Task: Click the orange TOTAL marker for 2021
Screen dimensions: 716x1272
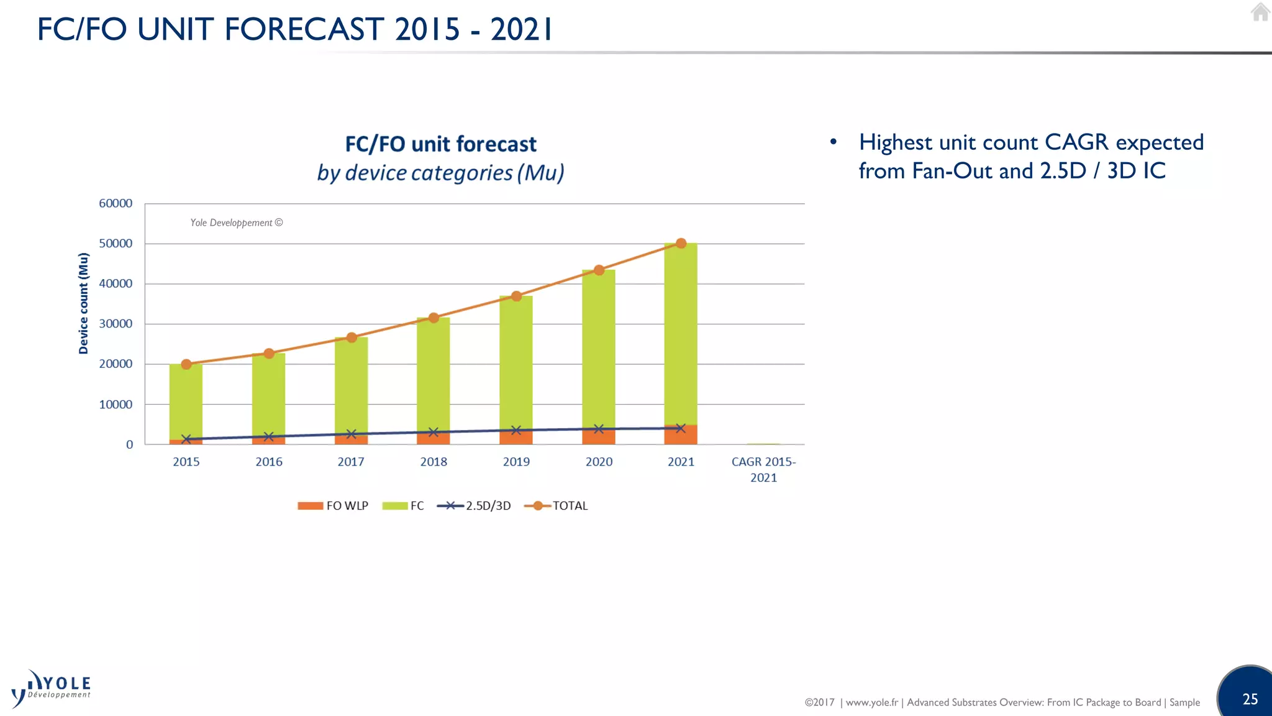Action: [x=681, y=243]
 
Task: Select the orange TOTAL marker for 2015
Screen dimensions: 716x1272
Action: [x=186, y=364]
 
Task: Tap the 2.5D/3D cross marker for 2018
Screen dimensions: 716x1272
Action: [x=434, y=432]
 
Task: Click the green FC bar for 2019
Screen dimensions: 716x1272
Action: [x=516, y=360]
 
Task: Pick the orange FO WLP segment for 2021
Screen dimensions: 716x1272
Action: [x=681, y=435]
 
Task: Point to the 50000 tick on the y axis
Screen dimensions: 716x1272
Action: [x=116, y=244]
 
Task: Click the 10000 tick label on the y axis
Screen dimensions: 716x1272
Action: [x=116, y=405]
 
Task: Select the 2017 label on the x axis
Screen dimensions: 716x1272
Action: [x=351, y=462]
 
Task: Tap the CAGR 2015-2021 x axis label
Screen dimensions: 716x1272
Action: [x=763, y=469]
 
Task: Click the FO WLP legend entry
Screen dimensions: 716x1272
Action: [x=334, y=506]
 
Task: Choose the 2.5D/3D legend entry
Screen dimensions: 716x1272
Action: [x=475, y=506]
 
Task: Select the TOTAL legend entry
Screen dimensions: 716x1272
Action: [x=556, y=506]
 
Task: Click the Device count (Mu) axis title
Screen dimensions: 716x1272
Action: [x=83, y=303]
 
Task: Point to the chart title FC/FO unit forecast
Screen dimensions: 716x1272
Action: [x=440, y=144]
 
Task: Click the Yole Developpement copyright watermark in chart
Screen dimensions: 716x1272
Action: [x=236, y=223]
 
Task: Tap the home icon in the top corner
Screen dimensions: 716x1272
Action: [x=1260, y=12]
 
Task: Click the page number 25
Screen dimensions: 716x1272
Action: [x=1250, y=699]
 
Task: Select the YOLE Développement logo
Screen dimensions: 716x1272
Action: [x=52, y=689]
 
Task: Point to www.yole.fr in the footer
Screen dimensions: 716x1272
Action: [x=871, y=702]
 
